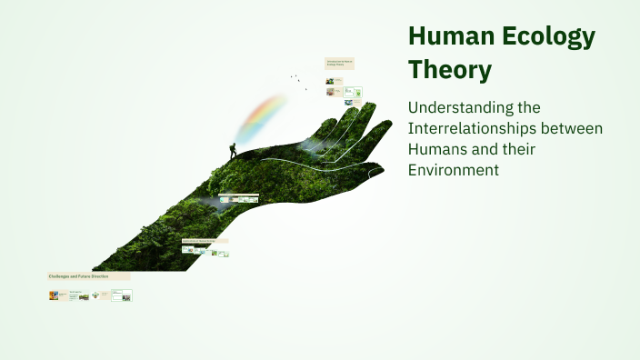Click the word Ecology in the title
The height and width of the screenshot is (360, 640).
click(x=545, y=37)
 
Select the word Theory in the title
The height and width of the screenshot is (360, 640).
click(x=450, y=69)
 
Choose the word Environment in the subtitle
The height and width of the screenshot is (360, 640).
click(x=454, y=169)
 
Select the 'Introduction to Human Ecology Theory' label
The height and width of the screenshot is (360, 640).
click(x=339, y=63)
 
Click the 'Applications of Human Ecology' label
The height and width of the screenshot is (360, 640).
click(x=205, y=241)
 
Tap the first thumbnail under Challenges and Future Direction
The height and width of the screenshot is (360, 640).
click(x=54, y=295)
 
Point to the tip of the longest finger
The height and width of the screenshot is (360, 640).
click(x=372, y=106)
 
